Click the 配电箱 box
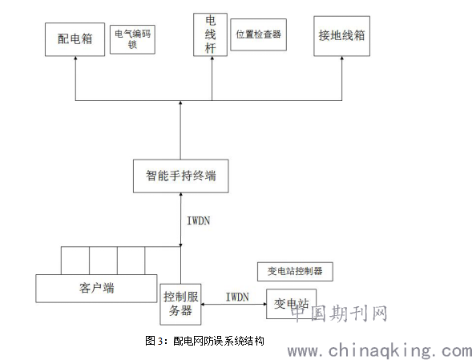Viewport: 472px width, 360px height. pos(75,39)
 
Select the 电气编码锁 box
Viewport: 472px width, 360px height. pos(132,39)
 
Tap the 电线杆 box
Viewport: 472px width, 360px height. pos(210,34)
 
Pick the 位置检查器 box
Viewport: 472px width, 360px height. pos(258,34)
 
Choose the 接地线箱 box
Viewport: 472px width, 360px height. pos(341,36)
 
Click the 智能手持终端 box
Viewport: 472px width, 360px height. pos(180,176)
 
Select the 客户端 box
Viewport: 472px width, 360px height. pos(96,289)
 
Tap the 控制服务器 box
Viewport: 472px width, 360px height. pos(180,304)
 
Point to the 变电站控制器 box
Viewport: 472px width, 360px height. pos(295,272)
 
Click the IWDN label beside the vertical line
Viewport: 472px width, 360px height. pos(199,220)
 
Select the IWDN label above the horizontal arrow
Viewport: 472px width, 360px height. pos(237,297)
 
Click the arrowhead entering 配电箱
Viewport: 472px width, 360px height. pos(75,58)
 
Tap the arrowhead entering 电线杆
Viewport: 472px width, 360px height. pos(212,58)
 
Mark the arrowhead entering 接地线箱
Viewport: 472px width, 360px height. pos(341,58)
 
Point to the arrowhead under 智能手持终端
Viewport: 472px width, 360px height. pos(180,195)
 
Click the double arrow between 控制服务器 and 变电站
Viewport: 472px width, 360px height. pos(233,304)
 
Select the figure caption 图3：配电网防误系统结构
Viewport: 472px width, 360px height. pos(204,341)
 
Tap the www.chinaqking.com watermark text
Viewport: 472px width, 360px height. pos(380,351)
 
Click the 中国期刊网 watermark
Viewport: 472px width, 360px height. pos(339,313)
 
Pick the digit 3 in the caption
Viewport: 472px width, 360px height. pos(160,342)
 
